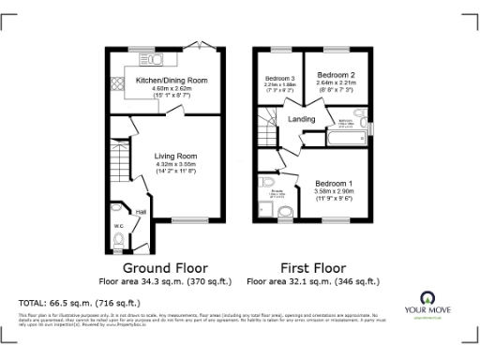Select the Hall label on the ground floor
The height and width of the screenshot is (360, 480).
(x=141, y=213)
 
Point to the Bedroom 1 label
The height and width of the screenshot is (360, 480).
(x=334, y=182)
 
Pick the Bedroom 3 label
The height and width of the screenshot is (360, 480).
(x=279, y=78)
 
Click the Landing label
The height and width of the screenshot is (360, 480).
(x=301, y=119)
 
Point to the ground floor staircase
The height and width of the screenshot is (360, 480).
(x=117, y=170)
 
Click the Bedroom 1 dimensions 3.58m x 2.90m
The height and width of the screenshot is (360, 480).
(x=334, y=191)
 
